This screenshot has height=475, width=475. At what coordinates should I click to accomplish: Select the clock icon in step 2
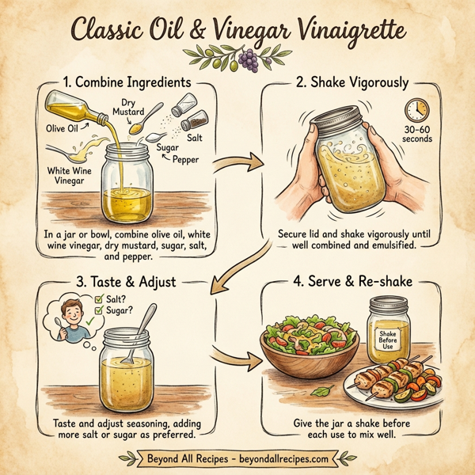pos(416,109)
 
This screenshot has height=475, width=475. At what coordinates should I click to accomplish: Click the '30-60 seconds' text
pos(417,134)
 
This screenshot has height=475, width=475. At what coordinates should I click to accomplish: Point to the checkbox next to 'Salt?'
pos(99,299)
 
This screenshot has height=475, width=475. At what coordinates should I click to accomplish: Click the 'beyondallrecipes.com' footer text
pos(282,458)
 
